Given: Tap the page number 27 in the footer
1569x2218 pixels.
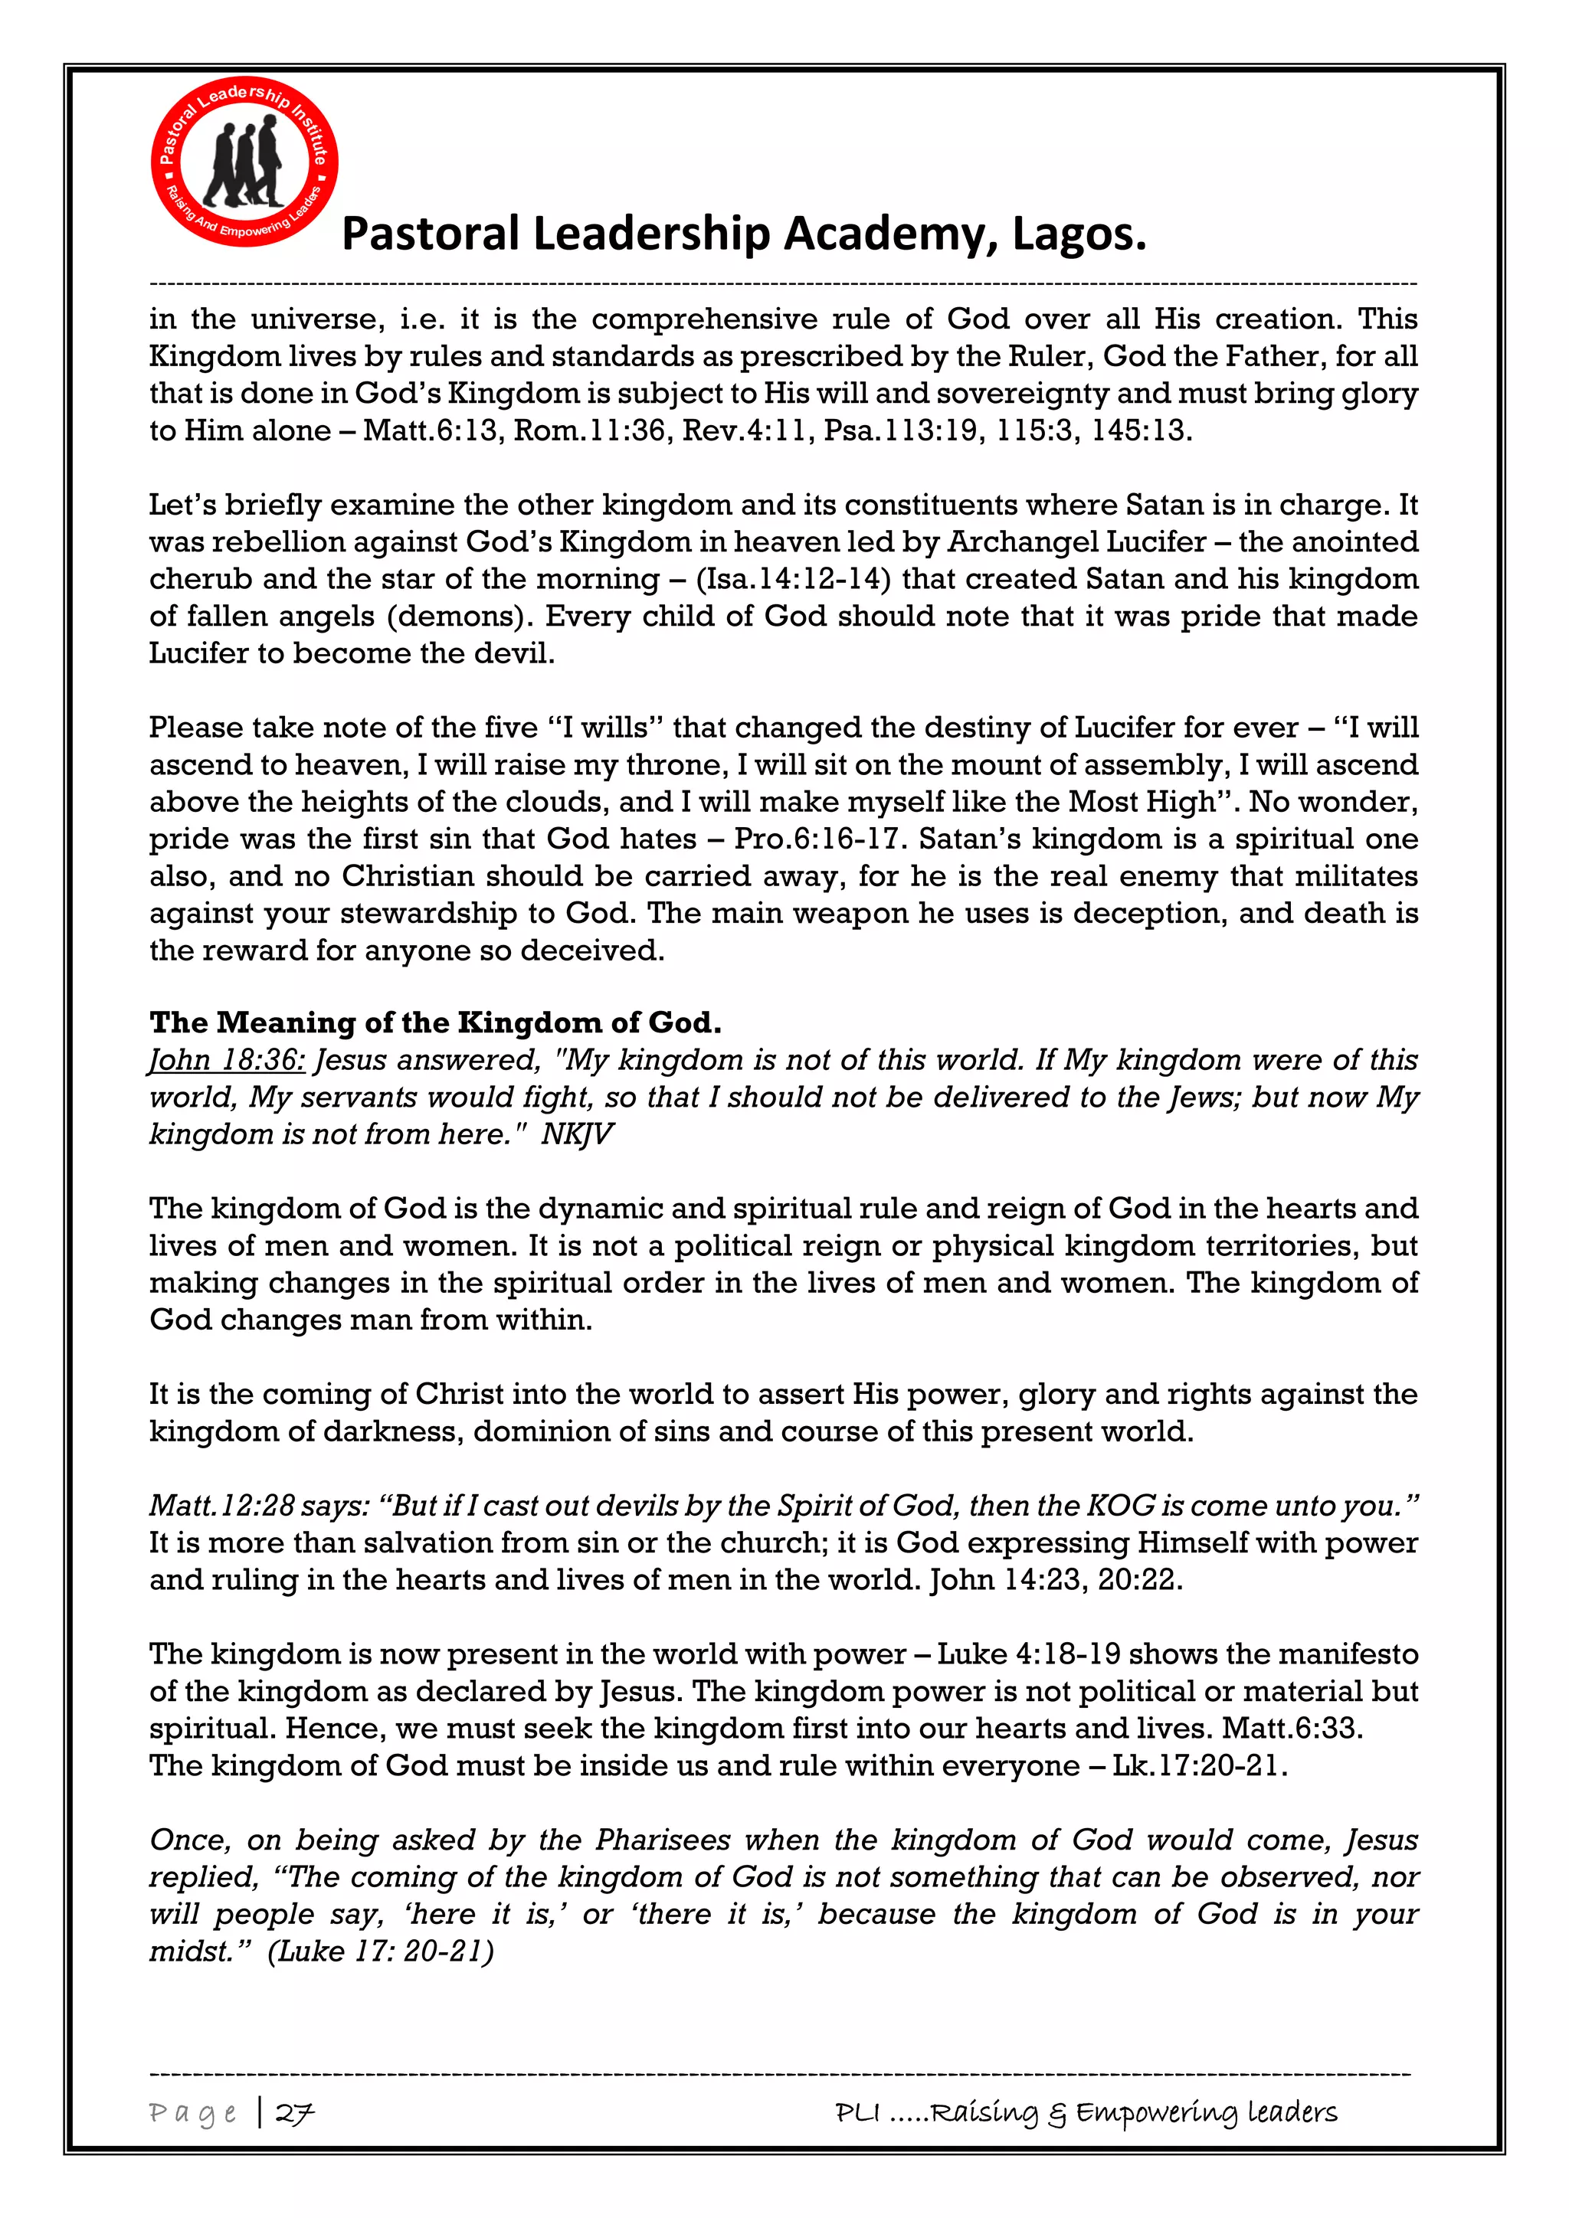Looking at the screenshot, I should pos(295,2113).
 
